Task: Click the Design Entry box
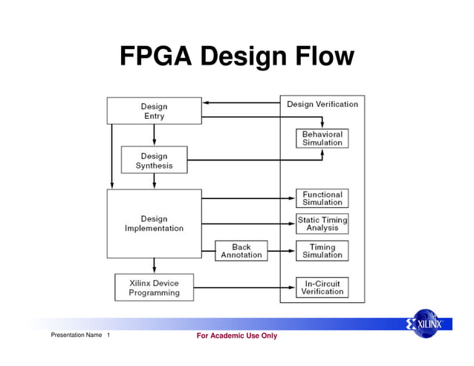[154, 111]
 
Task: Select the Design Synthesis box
[154, 160]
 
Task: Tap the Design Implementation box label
[154, 223]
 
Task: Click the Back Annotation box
[241, 251]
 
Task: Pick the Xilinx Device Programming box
[154, 287]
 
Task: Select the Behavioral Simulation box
[322, 139]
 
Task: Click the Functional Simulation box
[322, 198]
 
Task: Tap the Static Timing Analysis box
[322, 224]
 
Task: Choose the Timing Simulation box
[322, 251]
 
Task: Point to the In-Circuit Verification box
[322, 287]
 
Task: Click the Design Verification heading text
[322, 104]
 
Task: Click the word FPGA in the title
[154, 56]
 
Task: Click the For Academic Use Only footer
[236, 336]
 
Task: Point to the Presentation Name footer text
[76, 336]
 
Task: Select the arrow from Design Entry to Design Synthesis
[154, 134]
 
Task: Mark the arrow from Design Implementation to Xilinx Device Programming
[154, 266]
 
